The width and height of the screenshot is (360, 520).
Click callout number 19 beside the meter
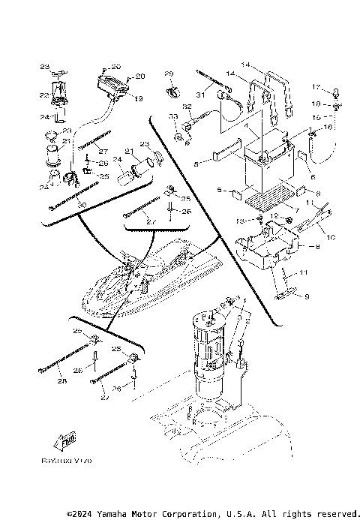pos(137,98)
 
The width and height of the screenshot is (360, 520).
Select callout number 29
pos(169,73)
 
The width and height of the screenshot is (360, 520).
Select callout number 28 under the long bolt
pos(61,381)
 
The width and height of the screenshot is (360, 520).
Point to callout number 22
pos(43,95)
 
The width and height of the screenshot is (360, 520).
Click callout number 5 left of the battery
pos(196,163)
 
